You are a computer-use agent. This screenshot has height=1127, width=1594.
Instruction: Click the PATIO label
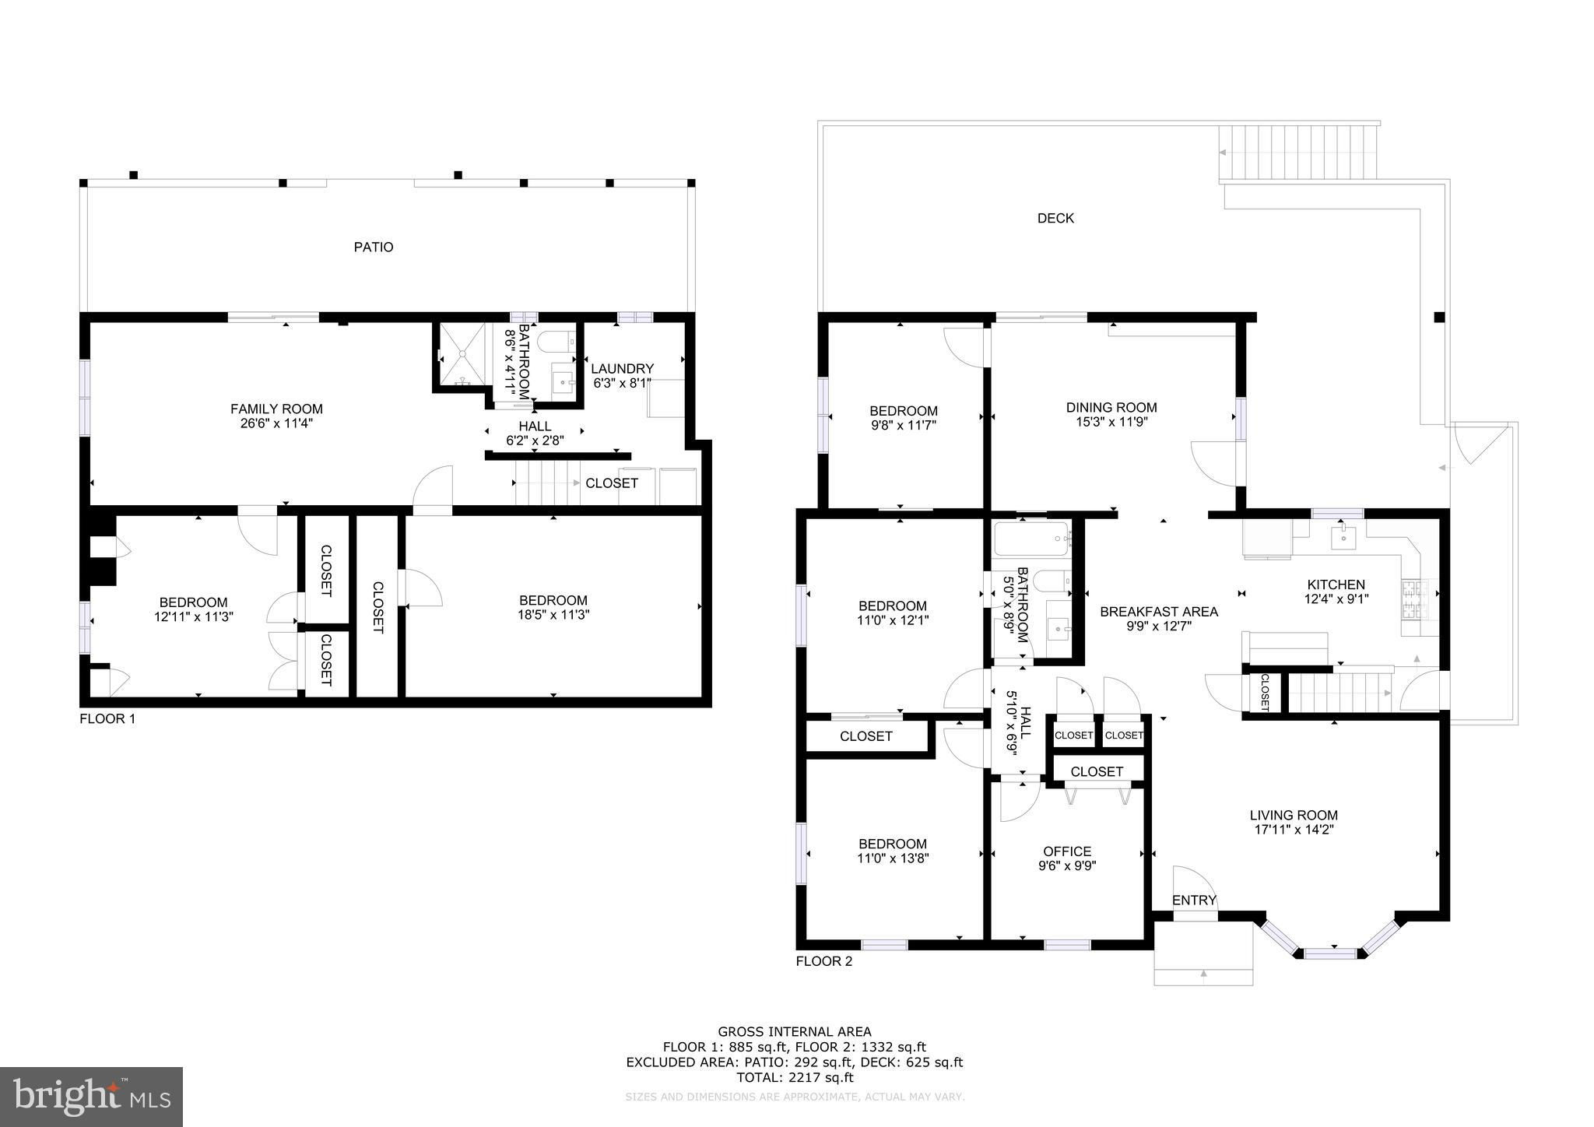(x=374, y=247)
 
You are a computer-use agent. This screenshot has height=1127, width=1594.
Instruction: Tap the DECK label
(x=1055, y=219)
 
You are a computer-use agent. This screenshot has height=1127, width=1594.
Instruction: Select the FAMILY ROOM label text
(x=276, y=409)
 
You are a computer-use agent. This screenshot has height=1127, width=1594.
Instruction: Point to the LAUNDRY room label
(x=622, y=368)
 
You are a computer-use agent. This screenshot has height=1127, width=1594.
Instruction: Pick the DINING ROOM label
(x=1111, y=407)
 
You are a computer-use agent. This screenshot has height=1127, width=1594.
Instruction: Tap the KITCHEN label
(x=1336, y=585)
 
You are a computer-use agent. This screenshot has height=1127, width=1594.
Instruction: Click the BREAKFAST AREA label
(x=1159, y=612)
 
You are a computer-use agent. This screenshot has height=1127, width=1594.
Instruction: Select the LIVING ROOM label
(x=1294, y=815)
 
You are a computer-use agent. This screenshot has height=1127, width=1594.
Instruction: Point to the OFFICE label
(x=1067, y=851)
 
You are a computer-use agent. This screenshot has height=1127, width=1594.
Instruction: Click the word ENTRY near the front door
(x=1194, y=901)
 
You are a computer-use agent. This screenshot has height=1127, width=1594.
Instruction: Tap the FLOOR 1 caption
(x=107, y=718)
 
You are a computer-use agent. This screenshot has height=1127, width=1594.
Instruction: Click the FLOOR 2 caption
(x=823, y=961)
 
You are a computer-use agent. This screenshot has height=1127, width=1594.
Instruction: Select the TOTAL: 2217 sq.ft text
(x=795, y=1078)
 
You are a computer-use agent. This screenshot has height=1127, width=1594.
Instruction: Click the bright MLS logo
(x=92, y=1097)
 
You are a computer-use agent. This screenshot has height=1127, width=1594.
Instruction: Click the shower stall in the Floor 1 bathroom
(x=462, y=355)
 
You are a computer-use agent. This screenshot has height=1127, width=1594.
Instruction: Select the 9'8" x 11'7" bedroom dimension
(x=903, y=426)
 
